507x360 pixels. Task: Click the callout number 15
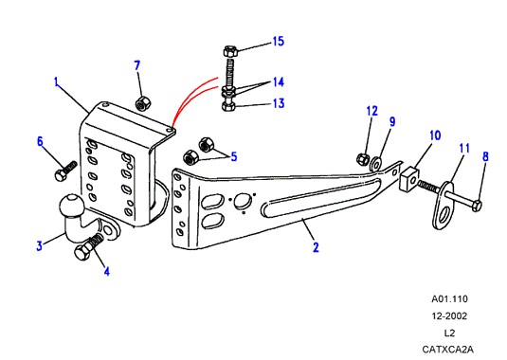coord(278,42)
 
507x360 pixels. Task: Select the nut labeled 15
coord(230,52)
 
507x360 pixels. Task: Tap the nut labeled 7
coord(143,103)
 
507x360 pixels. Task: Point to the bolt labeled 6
coord(65,171)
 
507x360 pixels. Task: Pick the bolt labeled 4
coord(88,246)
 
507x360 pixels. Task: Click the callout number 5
coord(234,156)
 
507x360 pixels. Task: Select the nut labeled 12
coord(362,158)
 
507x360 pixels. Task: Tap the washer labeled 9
coord(376,164)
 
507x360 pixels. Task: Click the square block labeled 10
coord(410,179)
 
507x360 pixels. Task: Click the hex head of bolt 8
coord(477,206)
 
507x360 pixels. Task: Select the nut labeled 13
coord(229,105)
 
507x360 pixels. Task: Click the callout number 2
coord(316,247)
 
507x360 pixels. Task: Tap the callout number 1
coord(57,82)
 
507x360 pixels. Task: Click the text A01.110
coord(449,299)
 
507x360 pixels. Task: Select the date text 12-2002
coord(449,316)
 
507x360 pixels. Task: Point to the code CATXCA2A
coord(447,350)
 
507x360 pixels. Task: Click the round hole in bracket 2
coord(243,201)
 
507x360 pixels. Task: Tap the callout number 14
coord(278,82)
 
